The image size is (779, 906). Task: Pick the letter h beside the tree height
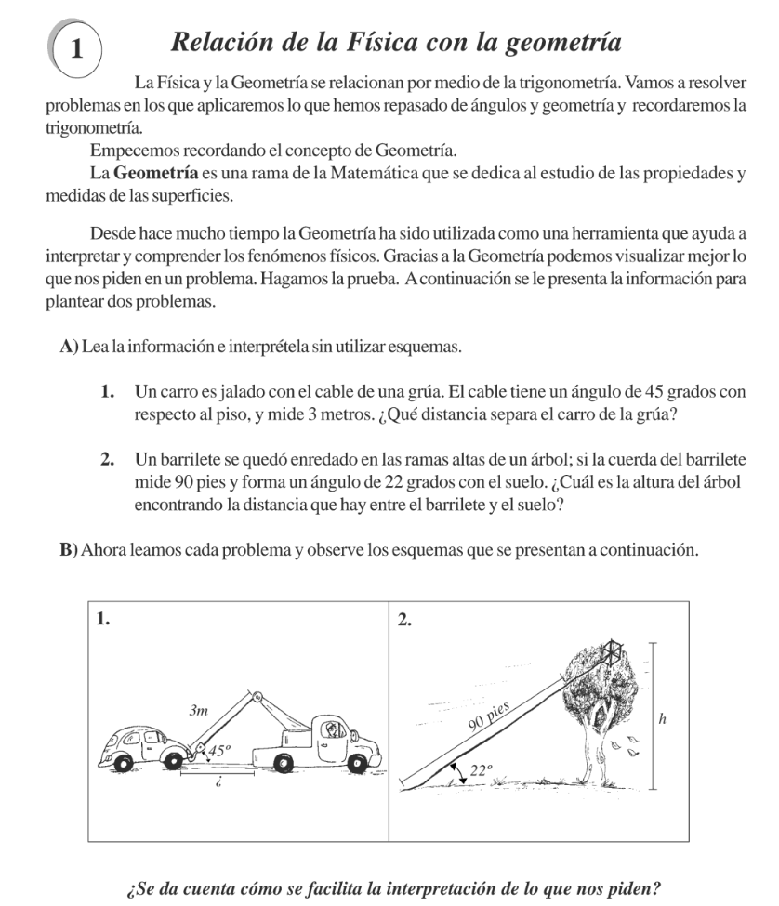pos(662,718)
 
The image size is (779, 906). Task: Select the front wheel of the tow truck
pos(356,763)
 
